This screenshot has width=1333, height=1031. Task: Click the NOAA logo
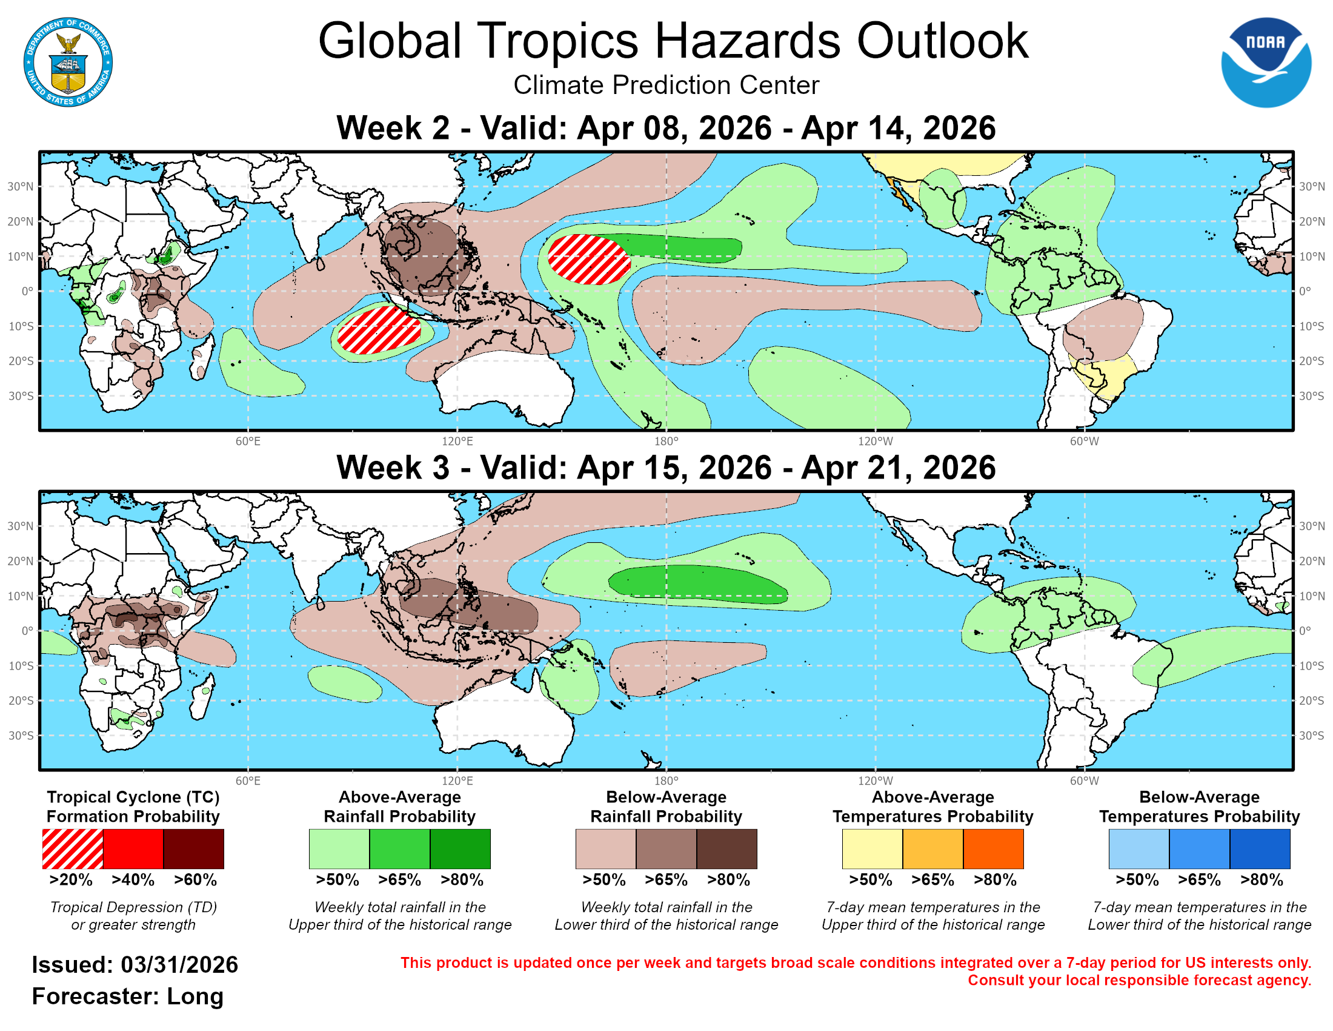coord(1265,62)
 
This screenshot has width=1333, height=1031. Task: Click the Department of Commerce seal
coord(68,62)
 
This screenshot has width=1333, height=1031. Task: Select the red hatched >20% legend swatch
coord(73,848)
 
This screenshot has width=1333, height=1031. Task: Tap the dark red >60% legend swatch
coord(193,848)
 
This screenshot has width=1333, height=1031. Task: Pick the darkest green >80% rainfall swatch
coord(460,848)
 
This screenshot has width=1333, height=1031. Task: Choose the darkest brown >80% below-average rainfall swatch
coord(726,848)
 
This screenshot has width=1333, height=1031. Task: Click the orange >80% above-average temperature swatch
coord(993,848)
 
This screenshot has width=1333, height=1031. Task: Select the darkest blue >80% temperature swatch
coord(1260,848)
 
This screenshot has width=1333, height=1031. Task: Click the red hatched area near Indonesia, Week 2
coord(380,331)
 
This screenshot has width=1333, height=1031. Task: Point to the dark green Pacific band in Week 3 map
coord(696,583)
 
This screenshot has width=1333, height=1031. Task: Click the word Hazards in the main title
coord(747,41)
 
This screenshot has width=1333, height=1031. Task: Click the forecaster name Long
coord(194,996)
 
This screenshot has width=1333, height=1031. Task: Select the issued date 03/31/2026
coord(179,965)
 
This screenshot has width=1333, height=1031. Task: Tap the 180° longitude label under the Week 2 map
coord(666,441)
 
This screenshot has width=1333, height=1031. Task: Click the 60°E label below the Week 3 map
coord(248,781)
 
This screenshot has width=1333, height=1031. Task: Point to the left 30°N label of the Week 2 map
coord(20,186)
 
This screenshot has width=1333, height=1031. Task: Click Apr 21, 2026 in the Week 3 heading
coord(898,468)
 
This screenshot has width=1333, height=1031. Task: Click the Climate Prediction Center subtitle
coord(666,85)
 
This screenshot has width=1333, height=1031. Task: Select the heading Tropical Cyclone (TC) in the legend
coord(133,797)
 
